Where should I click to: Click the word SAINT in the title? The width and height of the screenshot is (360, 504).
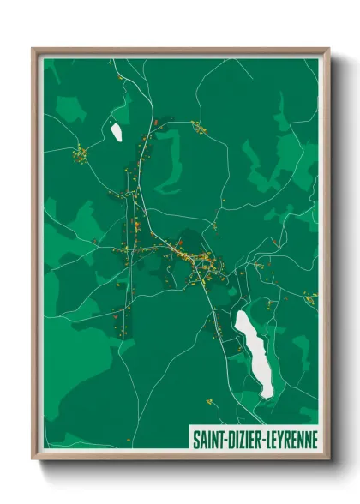click(208, 440)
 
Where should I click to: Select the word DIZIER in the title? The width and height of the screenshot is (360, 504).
click(247, 440)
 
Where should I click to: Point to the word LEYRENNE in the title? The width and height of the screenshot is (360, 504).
click(292, 440)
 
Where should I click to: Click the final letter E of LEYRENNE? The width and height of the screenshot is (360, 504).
click(314, 440)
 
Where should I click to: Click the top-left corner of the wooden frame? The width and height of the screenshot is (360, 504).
click(33, 49)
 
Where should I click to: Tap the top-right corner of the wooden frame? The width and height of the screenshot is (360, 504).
click(327, 49)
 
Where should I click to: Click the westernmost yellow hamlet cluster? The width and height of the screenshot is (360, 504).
click(80, 155)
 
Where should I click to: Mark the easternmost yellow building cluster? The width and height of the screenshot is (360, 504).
click(309, 297)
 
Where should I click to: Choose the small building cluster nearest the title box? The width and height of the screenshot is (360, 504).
click(208, 399)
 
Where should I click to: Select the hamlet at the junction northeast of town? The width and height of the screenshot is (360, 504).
click(200, 129)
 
